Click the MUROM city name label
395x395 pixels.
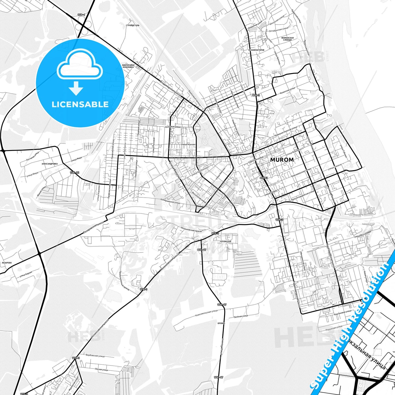[282, 160]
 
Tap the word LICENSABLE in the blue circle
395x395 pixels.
[80, 104]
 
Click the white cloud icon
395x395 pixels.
[80, 65]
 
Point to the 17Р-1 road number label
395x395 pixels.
[81, 15]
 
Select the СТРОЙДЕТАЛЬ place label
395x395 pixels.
[133, 25]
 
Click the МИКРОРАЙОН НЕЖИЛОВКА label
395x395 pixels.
[128, 66]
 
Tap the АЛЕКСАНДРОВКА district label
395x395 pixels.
[50, 164]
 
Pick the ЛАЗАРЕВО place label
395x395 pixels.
[7, 262]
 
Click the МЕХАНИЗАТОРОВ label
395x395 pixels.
[256, 50]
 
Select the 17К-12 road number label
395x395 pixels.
[74, 172]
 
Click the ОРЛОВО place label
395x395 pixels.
[221, 323]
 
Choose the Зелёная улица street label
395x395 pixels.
[241, 316]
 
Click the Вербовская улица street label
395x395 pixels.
[95, 356]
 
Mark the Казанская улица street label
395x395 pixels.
[287, 91]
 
